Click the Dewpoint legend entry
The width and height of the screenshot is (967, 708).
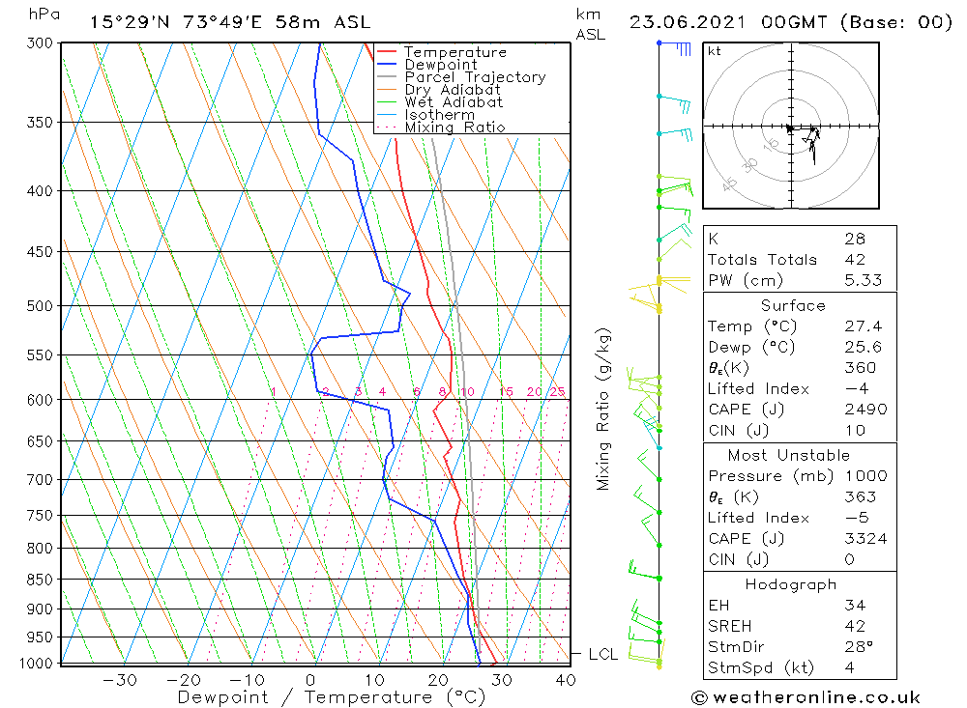click(440, 65)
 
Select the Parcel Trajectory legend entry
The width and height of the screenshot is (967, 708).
click(475, 77)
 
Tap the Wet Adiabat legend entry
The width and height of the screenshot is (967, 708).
click(454, 102)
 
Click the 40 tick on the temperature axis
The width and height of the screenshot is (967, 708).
click(565, 680)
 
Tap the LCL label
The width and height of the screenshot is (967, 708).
click(603, 655)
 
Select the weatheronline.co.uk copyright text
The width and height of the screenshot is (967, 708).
click(806, 697)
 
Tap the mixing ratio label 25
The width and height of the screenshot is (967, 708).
click(557, 391)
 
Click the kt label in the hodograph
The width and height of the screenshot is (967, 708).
click(714, 51)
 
